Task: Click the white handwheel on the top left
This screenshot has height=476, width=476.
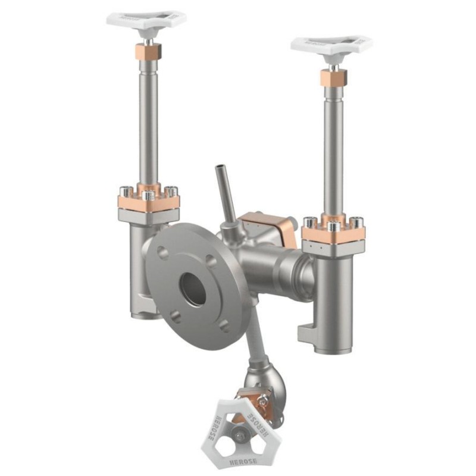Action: point(146,19)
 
